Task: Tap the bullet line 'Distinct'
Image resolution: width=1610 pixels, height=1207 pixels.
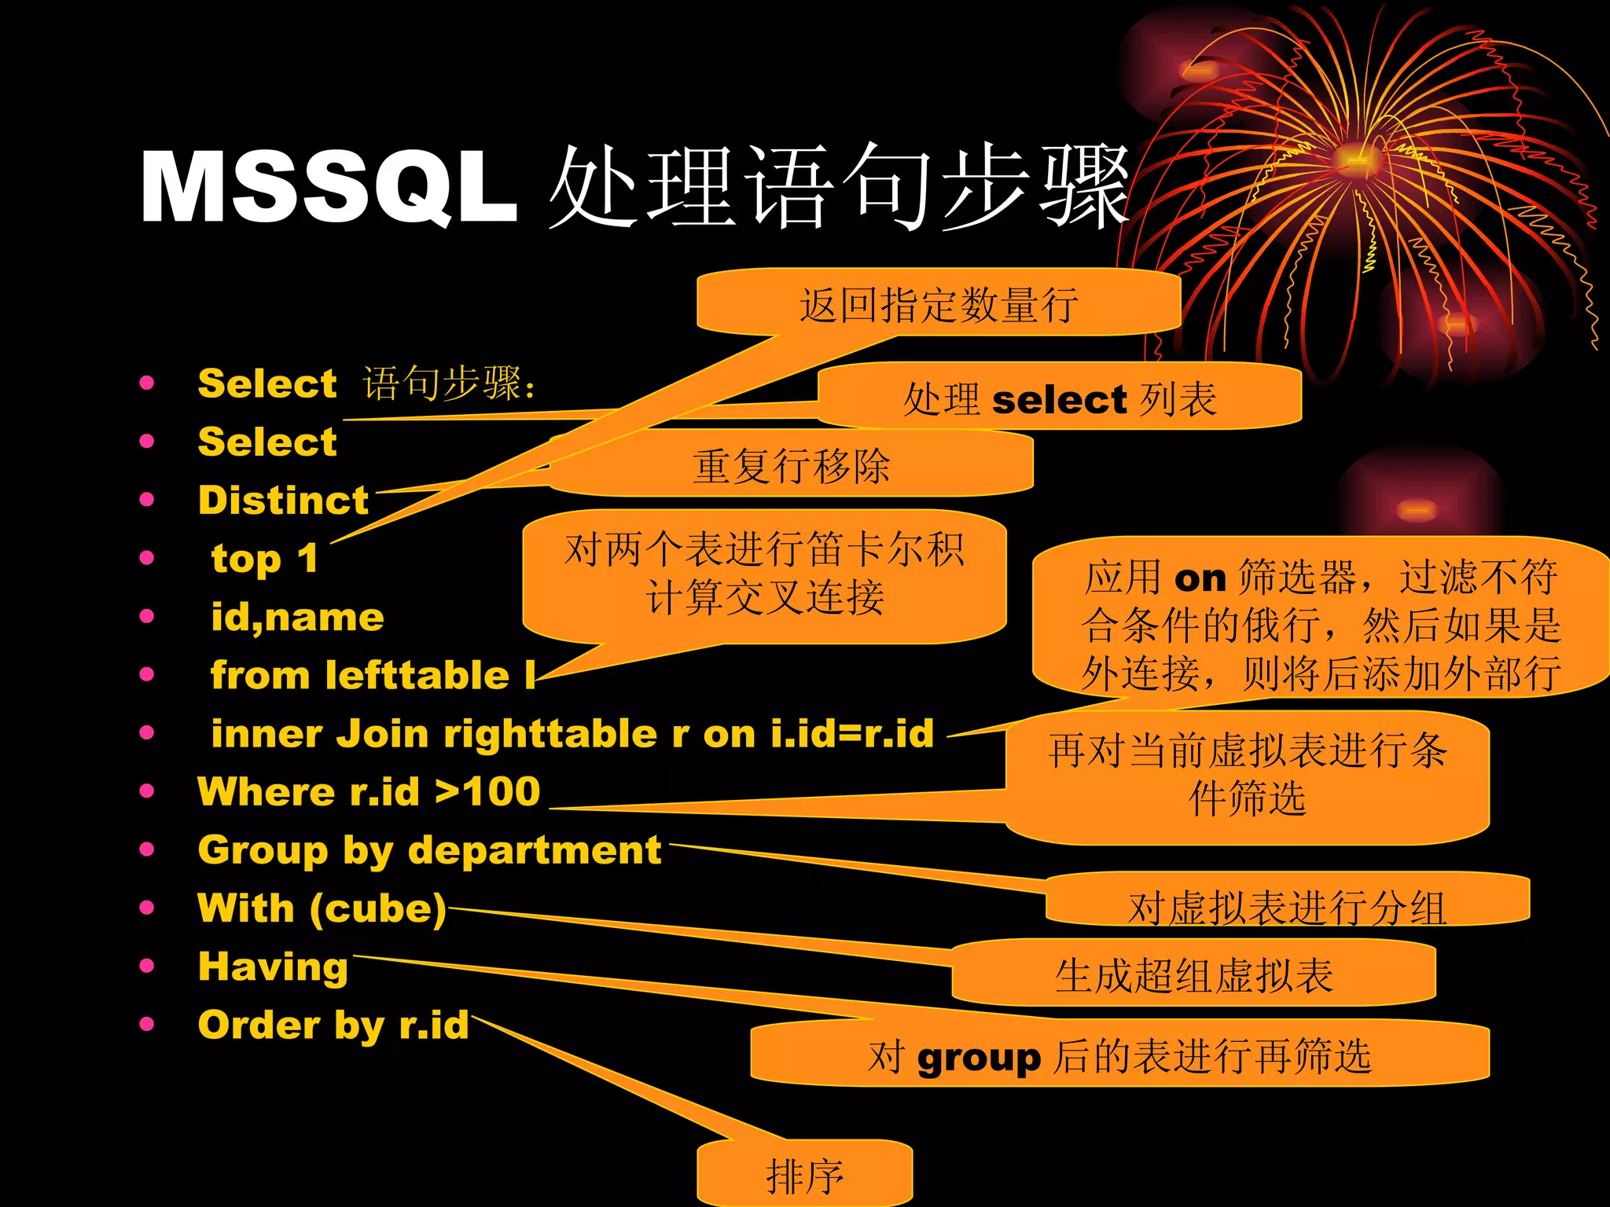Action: click(283, 501)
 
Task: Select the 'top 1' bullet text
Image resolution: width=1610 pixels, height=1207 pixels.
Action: click(264, 559)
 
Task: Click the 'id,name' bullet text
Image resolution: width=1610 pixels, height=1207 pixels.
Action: click(297, 618)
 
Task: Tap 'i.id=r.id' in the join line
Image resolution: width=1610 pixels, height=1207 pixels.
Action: click(852, 734)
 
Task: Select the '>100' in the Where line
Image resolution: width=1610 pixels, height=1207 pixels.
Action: click(488, 791)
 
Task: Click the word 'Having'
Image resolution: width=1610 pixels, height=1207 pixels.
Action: click(273, 967)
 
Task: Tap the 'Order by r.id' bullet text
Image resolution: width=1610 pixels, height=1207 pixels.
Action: click(333, 1025)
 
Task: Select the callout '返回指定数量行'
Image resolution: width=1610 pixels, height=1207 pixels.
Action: click(939, 305)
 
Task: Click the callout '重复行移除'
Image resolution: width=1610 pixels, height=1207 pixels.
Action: click(791, 466)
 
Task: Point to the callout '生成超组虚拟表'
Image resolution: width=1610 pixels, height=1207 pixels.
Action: click(1193, 976)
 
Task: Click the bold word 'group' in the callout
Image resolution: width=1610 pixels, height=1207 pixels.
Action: click(979, 1058)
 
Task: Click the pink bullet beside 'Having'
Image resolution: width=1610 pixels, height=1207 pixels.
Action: click(147, 967)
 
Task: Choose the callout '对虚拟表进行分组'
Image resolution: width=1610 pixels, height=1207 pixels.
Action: click(1287, 907)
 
